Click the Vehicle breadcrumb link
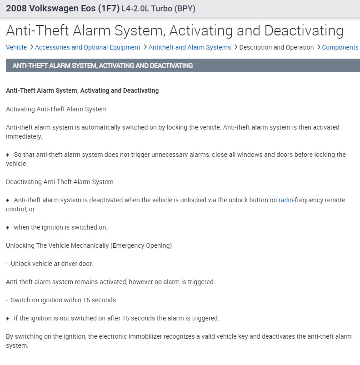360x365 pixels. click(x=16, y=47)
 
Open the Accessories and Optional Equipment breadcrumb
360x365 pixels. click(x=87, y=47)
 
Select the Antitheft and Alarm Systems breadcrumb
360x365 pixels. click(x=190, y=47)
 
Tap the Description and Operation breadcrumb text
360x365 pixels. click(x=276, y=47)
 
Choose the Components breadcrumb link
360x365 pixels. click(x=340, y=47)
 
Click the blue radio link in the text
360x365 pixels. click(x=286, y=200)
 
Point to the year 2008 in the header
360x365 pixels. click(x=16, y=8)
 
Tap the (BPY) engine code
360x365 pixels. click(x=185, y=8)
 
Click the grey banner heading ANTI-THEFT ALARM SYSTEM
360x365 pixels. click(x=102, y=65)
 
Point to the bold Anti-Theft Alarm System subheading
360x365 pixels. click(x=82, y=90)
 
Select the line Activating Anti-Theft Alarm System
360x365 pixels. click(x=56, y=109)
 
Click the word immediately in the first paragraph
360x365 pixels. click(x=24, y=136)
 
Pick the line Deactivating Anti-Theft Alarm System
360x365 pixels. click(x=60, y=182)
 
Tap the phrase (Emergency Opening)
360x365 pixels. click(x=141, y=245)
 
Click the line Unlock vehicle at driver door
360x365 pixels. click(x=52, y=264)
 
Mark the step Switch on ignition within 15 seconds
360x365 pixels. click(x=64, y=300)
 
